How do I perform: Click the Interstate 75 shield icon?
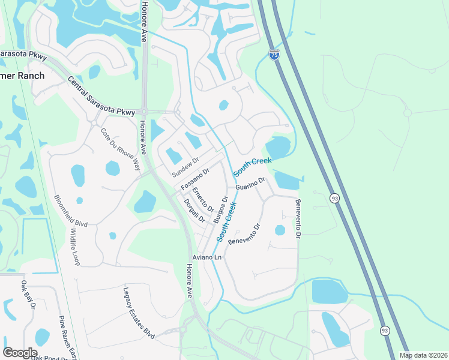(x=274, y=55)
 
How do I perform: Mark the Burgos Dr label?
(x=220, y=209)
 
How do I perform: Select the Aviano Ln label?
(x=206, y=257)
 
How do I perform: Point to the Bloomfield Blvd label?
(x=71, y=211)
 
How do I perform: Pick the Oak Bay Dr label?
(x=28, y=295)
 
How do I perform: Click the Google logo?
(x=20, y=353)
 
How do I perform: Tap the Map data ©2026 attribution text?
(x=424, y=355)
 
